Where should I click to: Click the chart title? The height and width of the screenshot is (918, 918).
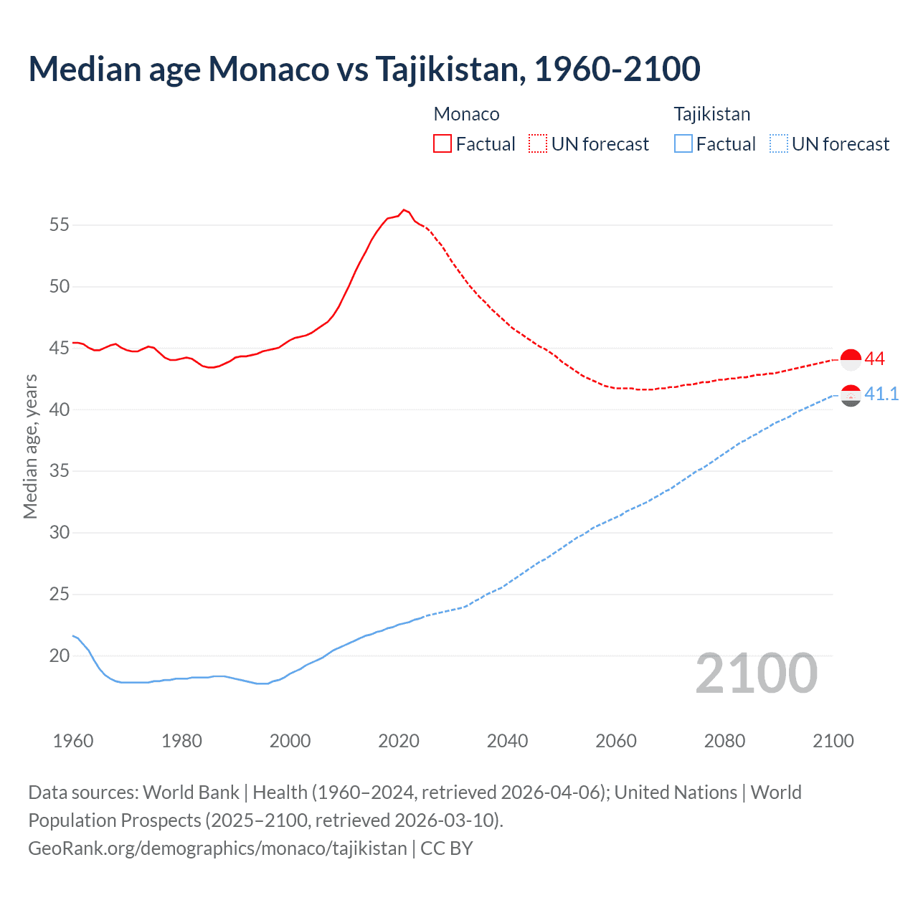(x=364, y=69)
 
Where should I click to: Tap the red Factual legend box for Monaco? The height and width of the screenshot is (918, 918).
(x=442, y=143)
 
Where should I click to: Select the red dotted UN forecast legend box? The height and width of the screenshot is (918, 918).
(x=537, y=143)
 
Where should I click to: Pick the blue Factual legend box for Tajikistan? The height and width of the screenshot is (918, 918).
(x=683, y=143)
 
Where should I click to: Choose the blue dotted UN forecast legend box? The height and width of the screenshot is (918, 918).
(x=778, y=143)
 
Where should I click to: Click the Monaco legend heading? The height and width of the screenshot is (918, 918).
(x=466, y=114)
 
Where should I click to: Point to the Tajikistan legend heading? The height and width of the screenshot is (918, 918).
(x=711, y=114)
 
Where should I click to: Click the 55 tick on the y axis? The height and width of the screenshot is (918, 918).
(x=60, y=225)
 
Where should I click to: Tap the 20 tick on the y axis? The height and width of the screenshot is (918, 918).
(x=60, y=656)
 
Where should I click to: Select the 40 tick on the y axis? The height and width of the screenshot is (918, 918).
(x=60, y=410)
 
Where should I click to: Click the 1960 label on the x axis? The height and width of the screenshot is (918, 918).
(x=73, y=741)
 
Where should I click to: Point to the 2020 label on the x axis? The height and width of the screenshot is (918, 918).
(x=399, y=741)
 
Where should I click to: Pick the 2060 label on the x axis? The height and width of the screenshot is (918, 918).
(x=616, y=741)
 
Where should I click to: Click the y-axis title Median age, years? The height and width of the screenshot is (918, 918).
(x=30, y=446)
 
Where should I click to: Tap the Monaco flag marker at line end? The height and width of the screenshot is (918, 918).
(x=851, y=359)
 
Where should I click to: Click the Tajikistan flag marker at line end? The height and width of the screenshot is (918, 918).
(x=851, y=395)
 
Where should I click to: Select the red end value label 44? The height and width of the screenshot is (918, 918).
(x=874, y=359)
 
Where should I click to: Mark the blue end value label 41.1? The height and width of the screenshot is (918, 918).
(x=881, y=394)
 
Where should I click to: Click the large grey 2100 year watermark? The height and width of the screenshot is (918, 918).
(x=756, y=673)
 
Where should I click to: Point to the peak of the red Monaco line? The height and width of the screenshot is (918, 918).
(x=404, y=209)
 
